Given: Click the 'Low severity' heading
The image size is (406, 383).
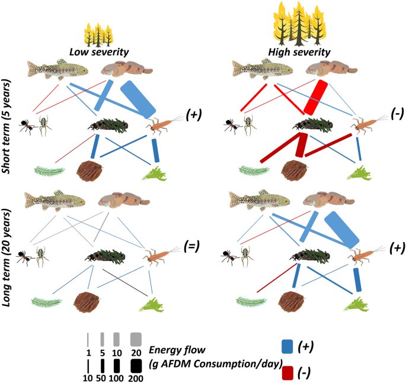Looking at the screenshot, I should [x=100, y=52].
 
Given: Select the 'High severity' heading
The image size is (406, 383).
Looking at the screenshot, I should [x=299, y=52].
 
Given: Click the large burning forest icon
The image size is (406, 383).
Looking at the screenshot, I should [x=300, y=23].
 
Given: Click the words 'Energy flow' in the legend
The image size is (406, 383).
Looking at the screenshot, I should [x=175, y=349].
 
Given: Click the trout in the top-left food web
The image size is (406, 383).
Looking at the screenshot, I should [x=57, y=69].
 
